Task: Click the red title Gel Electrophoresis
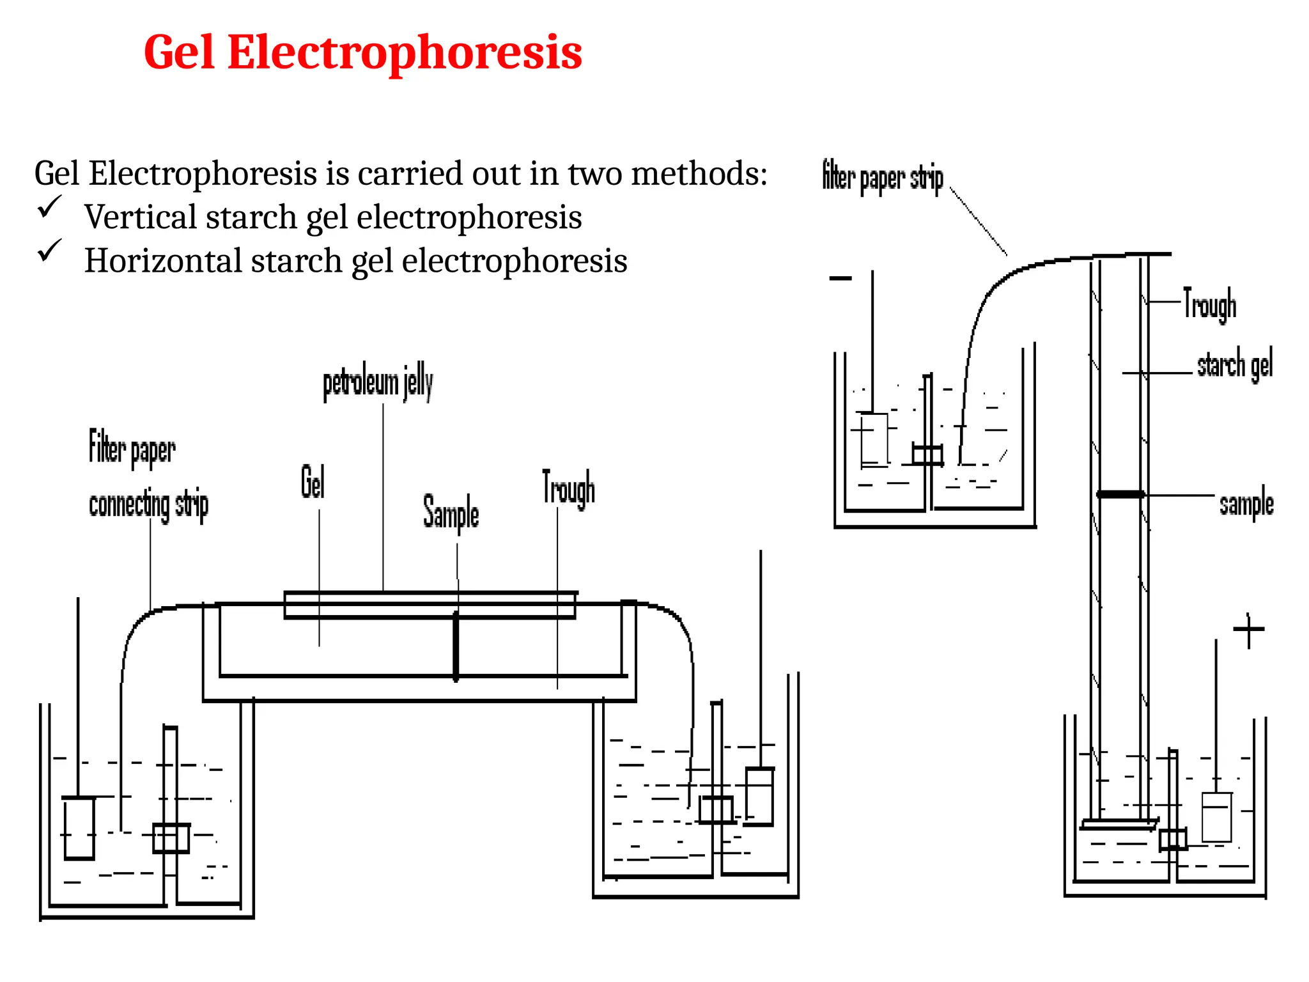[362, 52]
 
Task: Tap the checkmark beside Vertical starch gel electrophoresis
[49, 207]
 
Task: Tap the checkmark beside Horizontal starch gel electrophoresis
[49, 250]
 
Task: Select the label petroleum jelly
[378, 383]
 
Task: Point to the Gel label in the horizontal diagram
[313, 482]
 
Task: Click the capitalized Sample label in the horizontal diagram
[451, 513]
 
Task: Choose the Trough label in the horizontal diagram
[568, 490]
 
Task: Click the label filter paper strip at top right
[882, 177]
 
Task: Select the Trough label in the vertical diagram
[1209, 305]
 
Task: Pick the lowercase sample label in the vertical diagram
[1246, 504]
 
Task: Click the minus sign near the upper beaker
[840, 278]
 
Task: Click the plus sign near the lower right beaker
[1248, 630]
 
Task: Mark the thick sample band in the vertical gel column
[1120, 494]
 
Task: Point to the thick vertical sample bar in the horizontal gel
[456, 647]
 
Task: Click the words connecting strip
[148, 505]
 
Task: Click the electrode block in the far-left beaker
[79, 828]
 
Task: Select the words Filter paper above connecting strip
[132, 449]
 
